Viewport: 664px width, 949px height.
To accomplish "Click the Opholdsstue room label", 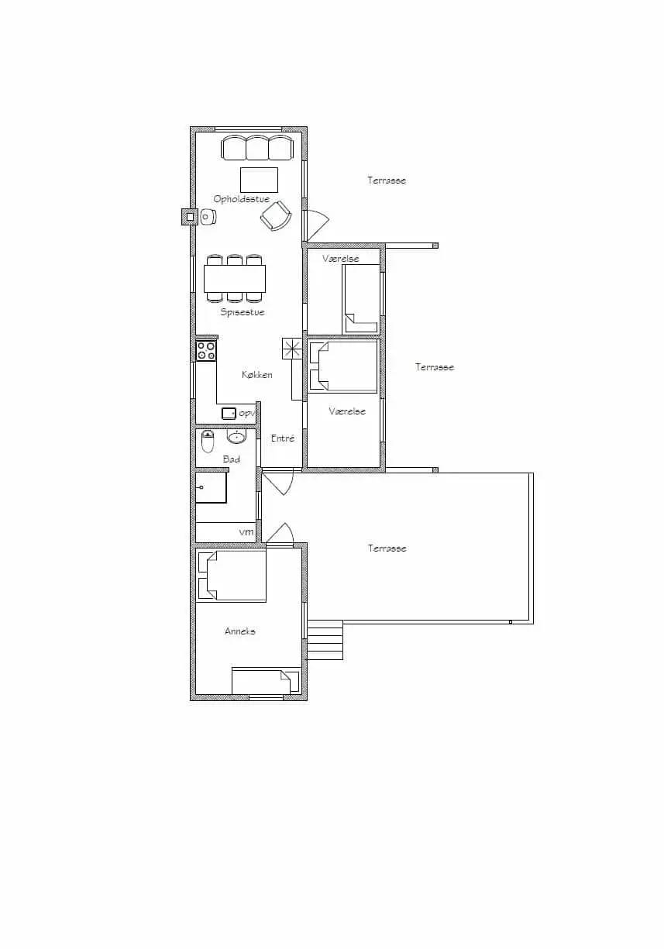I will click(241, 199).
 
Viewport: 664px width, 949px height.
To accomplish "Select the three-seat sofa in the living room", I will click(257, 148).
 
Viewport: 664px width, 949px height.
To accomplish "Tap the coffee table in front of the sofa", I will click(259, 180).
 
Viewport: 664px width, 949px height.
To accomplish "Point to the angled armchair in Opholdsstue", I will click(276, 215).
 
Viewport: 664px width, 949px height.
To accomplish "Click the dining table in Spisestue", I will click(235, 278).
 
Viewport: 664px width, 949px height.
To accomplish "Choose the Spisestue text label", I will click(242, 312).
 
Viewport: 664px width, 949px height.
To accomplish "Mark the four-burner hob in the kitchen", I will click(206, 350).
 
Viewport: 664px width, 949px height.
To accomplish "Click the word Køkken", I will click(257, 375).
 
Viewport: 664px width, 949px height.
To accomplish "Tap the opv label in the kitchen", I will click(246, 414).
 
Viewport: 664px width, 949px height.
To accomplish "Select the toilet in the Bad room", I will click(208, 442).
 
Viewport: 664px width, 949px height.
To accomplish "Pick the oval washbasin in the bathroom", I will click(236, 438).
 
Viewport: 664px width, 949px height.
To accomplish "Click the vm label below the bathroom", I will click(246, 532).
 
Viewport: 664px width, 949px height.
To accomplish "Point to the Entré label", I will click(282, 438).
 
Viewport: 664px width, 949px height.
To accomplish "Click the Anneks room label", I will click(239, 631).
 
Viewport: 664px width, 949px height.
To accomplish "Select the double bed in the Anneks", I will click(232, 576).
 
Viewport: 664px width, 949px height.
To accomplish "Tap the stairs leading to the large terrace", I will click(325, 640).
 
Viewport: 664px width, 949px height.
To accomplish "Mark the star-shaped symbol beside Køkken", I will click(292, 349).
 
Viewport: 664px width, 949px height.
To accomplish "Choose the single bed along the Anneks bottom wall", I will click(265, 682).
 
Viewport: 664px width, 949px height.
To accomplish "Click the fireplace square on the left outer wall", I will click(188, 218).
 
